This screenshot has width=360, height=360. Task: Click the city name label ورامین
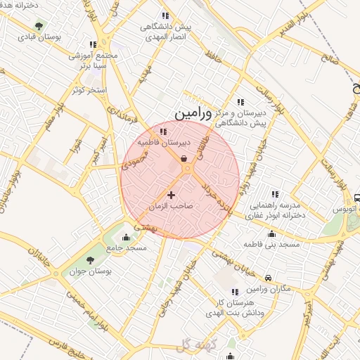[192, 112]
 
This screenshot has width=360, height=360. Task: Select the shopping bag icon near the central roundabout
[184, 159]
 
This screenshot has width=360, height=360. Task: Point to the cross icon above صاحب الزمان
[171, 194]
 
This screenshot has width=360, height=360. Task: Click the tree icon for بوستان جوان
[89, 261]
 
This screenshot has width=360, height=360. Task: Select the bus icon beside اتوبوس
[357, 198]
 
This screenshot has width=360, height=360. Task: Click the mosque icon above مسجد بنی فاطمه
[271, 234]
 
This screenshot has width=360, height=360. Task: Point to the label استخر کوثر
[88, 91]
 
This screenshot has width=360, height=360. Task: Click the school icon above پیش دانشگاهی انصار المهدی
[165, 15]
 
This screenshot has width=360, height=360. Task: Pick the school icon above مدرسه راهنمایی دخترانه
[275, 194]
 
